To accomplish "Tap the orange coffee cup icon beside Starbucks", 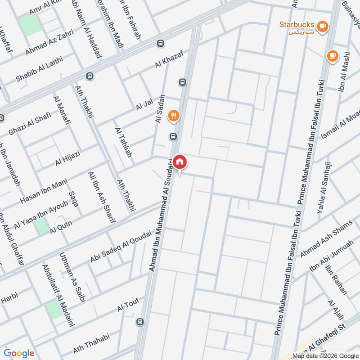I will [322, 27].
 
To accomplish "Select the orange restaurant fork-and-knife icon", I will [174, 117].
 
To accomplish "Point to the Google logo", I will [19, 353].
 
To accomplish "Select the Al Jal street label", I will [144, 104].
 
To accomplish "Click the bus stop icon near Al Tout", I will [141, 322].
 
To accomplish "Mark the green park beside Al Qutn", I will [41, 225].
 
